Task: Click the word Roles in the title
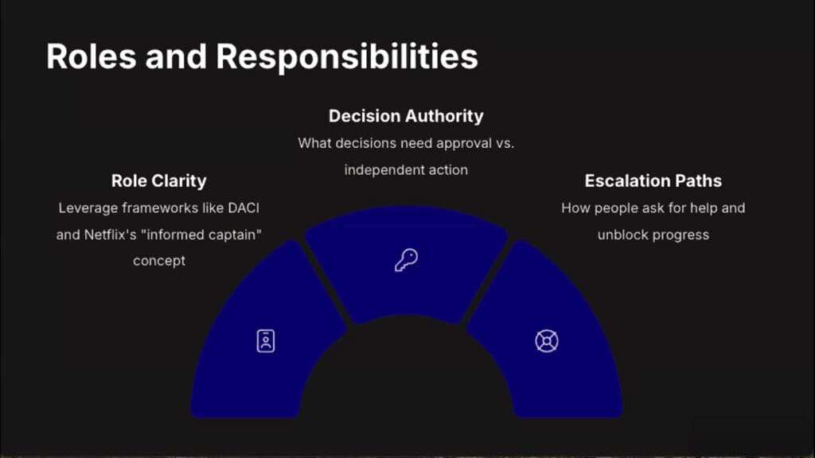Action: pyautogui.click(x=92, y=56)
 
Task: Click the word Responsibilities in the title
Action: pyautogui.click(x=347, y=57)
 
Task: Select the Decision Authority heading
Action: pyautogui.click(x=406, y=116)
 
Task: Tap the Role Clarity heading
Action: pyautogui.click(x=158, y=180)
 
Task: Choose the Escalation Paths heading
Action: pyautogui.click(x=653, y=180)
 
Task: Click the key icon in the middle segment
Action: pyautogui.click(x=406, y=260)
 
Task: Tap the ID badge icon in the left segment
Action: pyautogui.click(x=266, y=341)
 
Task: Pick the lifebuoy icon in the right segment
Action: pyautogui.click(x=547, y=341)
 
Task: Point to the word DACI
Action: pyautogui.click(x=244, y=208)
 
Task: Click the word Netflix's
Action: pyautogui.click(x=110, y=235)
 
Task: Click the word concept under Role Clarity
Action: pyautogui.click(x=159, y=261)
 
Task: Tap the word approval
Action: pyautogui.click(x=464, y=144)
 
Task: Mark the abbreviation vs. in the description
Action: pyautogui.click(x=505, y=144)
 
